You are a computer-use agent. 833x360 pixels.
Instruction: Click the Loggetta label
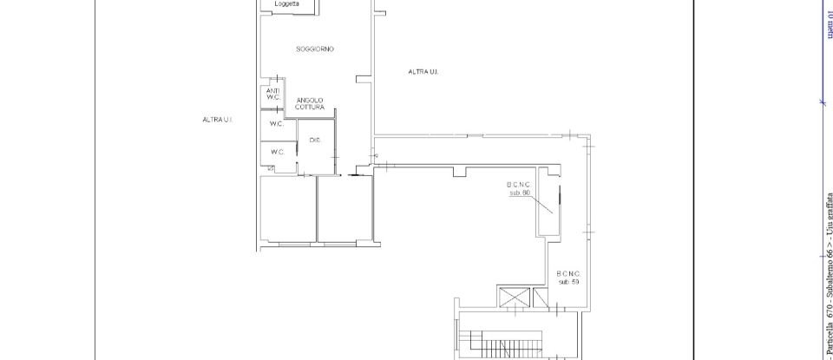point(286,4)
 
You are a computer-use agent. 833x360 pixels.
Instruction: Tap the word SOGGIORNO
point(315,49)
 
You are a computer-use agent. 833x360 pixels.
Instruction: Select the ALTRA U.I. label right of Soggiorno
point(423,72)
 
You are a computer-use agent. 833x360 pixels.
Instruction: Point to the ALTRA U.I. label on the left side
point(217,120)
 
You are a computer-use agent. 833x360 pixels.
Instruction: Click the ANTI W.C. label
point(272,94)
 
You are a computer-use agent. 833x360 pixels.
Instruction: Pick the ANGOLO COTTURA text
point(310,103)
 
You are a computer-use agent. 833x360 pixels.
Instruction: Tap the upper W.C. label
point(277,124)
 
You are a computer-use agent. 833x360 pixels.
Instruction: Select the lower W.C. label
point(277,152)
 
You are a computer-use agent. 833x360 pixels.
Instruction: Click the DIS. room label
point(315,140)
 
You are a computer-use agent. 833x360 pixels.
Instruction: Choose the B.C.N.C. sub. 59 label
point(568,278)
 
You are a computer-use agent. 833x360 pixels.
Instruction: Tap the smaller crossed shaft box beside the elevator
point(541,297)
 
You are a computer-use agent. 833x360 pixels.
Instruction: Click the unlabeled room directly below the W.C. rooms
point(287,208)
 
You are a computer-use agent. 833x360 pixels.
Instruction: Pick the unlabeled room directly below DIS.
point(344,208)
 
